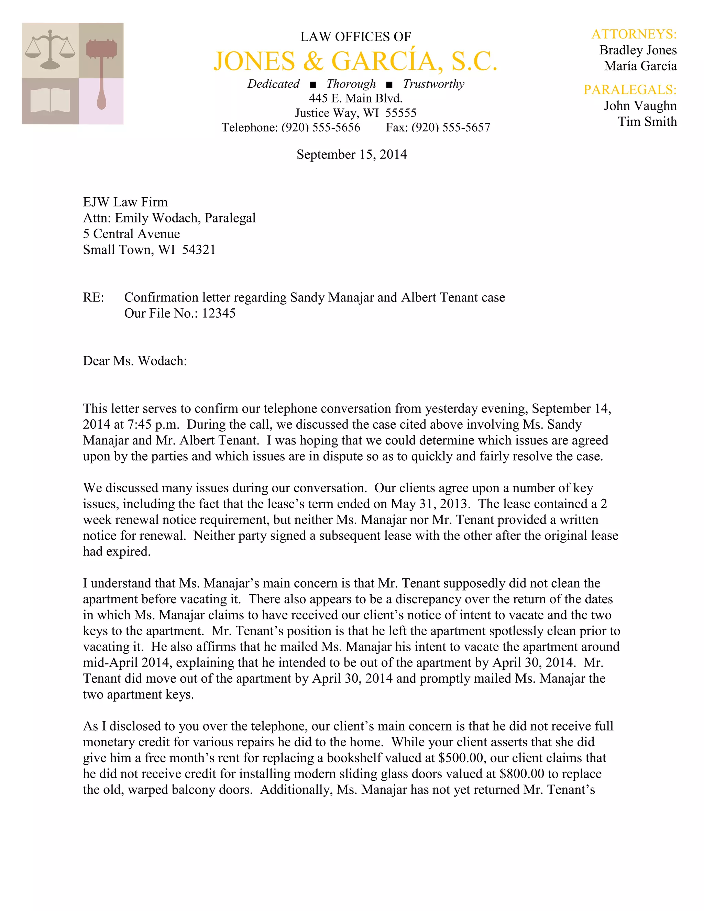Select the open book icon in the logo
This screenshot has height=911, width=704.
(50, 101)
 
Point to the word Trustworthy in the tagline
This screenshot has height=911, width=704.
(433, 84)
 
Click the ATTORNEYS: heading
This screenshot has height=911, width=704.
(634, 34)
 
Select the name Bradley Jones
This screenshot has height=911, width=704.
(638, 50)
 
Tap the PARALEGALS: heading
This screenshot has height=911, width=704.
(630, 90)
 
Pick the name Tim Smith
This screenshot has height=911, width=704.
(647, 121)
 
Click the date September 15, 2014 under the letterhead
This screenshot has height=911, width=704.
(352, 154)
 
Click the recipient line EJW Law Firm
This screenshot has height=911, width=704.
(125, 202)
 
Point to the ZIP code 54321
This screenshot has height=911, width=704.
(199, 250)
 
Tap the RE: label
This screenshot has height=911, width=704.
(93, 297)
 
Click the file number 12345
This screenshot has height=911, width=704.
(219, 313)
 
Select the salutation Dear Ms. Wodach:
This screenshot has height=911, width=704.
(135, 361)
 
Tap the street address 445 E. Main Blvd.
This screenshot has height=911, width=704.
(355, 98)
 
